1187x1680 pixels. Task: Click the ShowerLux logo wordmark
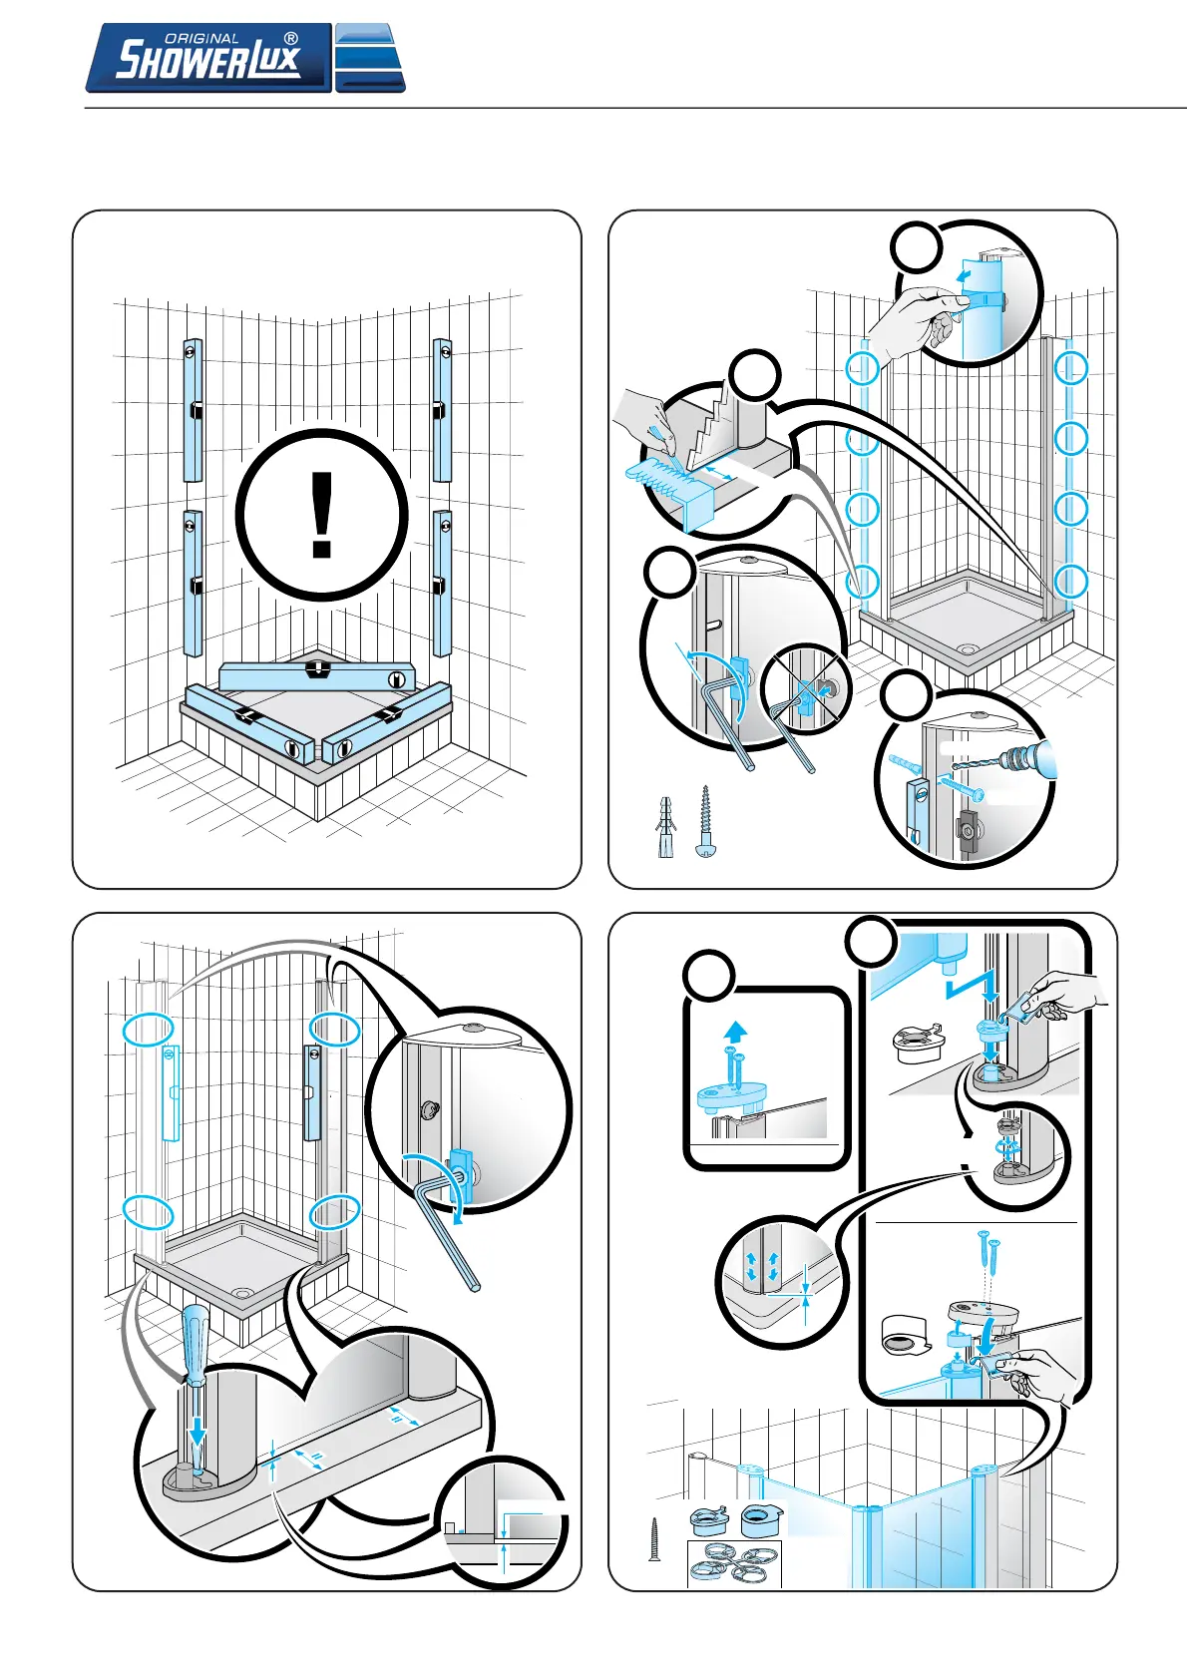coord(208,58)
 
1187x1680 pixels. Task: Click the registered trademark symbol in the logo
coord(291,39)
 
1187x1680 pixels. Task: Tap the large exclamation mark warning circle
coord(322,516)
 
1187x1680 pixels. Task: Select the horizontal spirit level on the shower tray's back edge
coord(316,675)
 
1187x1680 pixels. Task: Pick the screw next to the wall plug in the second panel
coord(706,819)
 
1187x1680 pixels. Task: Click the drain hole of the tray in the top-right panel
coord(967,649)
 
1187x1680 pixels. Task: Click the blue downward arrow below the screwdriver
coord(198,1433)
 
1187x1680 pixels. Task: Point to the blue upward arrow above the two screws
coord(735,1032)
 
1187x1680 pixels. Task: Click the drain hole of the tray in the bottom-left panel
coord(241,1293)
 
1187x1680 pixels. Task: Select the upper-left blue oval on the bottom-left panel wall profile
coord(148,1030)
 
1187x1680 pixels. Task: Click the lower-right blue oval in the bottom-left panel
coord(334,1212)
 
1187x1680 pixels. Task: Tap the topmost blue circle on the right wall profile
coord(1071,368)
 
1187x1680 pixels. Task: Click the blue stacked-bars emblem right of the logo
coord(370,58)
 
